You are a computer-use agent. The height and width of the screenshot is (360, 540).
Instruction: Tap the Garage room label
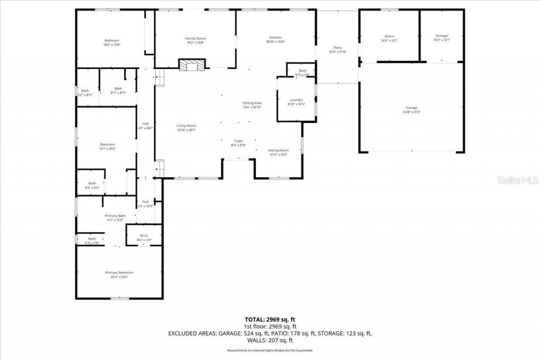coord(411,108)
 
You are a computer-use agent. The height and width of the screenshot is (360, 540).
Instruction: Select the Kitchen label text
coord(275,38)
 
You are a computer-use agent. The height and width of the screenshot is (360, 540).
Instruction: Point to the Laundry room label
coord(296,100)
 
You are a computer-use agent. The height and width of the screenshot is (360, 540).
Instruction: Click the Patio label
coord(337,48)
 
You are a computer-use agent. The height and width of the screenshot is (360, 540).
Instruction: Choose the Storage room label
coord(441,36)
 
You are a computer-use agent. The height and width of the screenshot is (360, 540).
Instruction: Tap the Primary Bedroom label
coord(119,273)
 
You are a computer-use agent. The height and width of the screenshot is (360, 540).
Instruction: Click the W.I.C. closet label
coord(144,235)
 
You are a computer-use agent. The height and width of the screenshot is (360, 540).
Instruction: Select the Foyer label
coord(238,141)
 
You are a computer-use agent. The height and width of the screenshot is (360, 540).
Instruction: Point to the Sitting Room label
coord(278,150)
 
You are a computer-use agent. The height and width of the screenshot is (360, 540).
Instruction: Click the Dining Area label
coord(252,103)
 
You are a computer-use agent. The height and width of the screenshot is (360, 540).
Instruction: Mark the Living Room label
coord(186,126)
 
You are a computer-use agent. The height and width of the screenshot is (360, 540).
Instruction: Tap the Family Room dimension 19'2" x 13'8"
coord(195,43)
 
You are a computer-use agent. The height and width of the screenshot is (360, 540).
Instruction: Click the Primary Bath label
coord(115,216)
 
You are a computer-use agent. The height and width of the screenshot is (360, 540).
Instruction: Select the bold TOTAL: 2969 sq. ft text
coord(270,319)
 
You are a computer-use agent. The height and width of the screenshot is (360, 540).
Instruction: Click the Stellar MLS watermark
coord(518,180)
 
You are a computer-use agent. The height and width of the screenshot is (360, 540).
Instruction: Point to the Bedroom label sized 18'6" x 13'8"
coord(112,41)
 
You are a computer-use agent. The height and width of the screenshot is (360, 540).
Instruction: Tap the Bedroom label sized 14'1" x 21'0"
coord(107,144)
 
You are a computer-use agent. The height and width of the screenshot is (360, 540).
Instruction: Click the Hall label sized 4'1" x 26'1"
coord(145,124)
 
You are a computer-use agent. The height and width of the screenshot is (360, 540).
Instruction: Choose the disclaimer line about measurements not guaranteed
coord(270,351)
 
